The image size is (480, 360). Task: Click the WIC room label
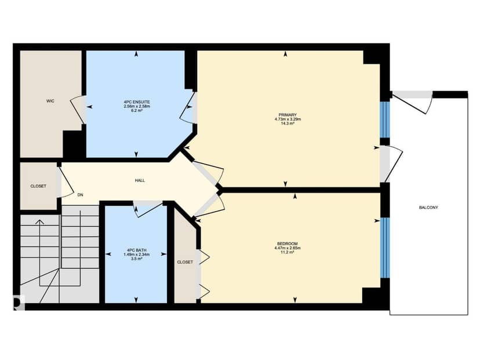point(50,101)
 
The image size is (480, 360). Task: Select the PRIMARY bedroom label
point(288,115)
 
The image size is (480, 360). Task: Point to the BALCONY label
point(428,208)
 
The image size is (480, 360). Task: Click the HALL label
point(140,181)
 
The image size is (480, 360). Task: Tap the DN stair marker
point(80,195)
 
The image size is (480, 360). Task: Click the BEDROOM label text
point(288,243)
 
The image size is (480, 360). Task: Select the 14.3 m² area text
point(288,123)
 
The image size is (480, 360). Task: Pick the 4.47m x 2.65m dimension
point(288,248)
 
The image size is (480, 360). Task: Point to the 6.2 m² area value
point(137,111)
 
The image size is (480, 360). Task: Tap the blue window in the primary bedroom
point(385,119)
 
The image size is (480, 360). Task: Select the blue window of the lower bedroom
point(385,248)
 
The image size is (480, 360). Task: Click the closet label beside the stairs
point(38,186)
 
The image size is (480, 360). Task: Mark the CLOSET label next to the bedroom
point(185,262)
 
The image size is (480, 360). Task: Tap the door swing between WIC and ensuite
point(78,109)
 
